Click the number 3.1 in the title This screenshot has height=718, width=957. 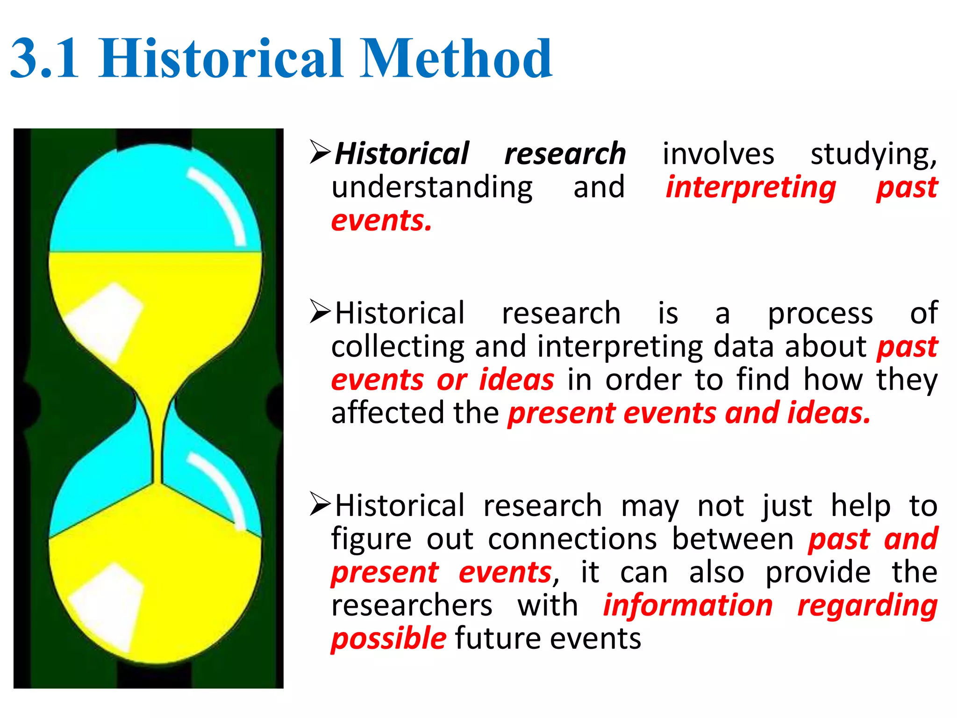point(44,58)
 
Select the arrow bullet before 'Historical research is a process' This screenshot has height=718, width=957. point(320,312)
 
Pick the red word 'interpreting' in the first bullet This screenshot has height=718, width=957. point(750,187)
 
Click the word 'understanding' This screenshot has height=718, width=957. point(432,187)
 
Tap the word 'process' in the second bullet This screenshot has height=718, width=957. point(820,313)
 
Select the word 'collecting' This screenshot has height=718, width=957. point(398,347)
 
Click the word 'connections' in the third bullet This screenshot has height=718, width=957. point(572,539)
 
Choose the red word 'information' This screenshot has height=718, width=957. point(688,605)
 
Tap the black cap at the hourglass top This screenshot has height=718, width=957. point(154,139)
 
